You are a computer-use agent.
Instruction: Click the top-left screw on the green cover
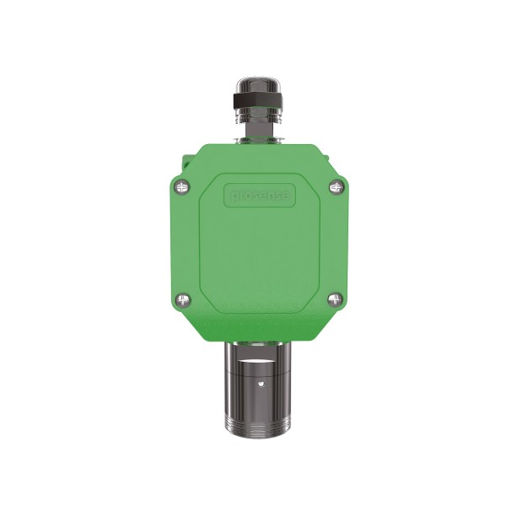click(x=182, y=187)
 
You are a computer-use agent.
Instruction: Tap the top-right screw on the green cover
click(x=336, y=186)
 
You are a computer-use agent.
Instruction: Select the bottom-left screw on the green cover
click(x=183, y=299)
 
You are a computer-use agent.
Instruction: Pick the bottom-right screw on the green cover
click(x=335, y=299)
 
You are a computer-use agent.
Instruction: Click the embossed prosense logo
click(x=260, y=196)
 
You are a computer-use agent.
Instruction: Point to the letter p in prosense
click(x=234, y=196)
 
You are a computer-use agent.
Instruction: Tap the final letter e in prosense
click(x=285, y=196)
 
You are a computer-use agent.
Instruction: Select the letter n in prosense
click(x=269, y=196)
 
